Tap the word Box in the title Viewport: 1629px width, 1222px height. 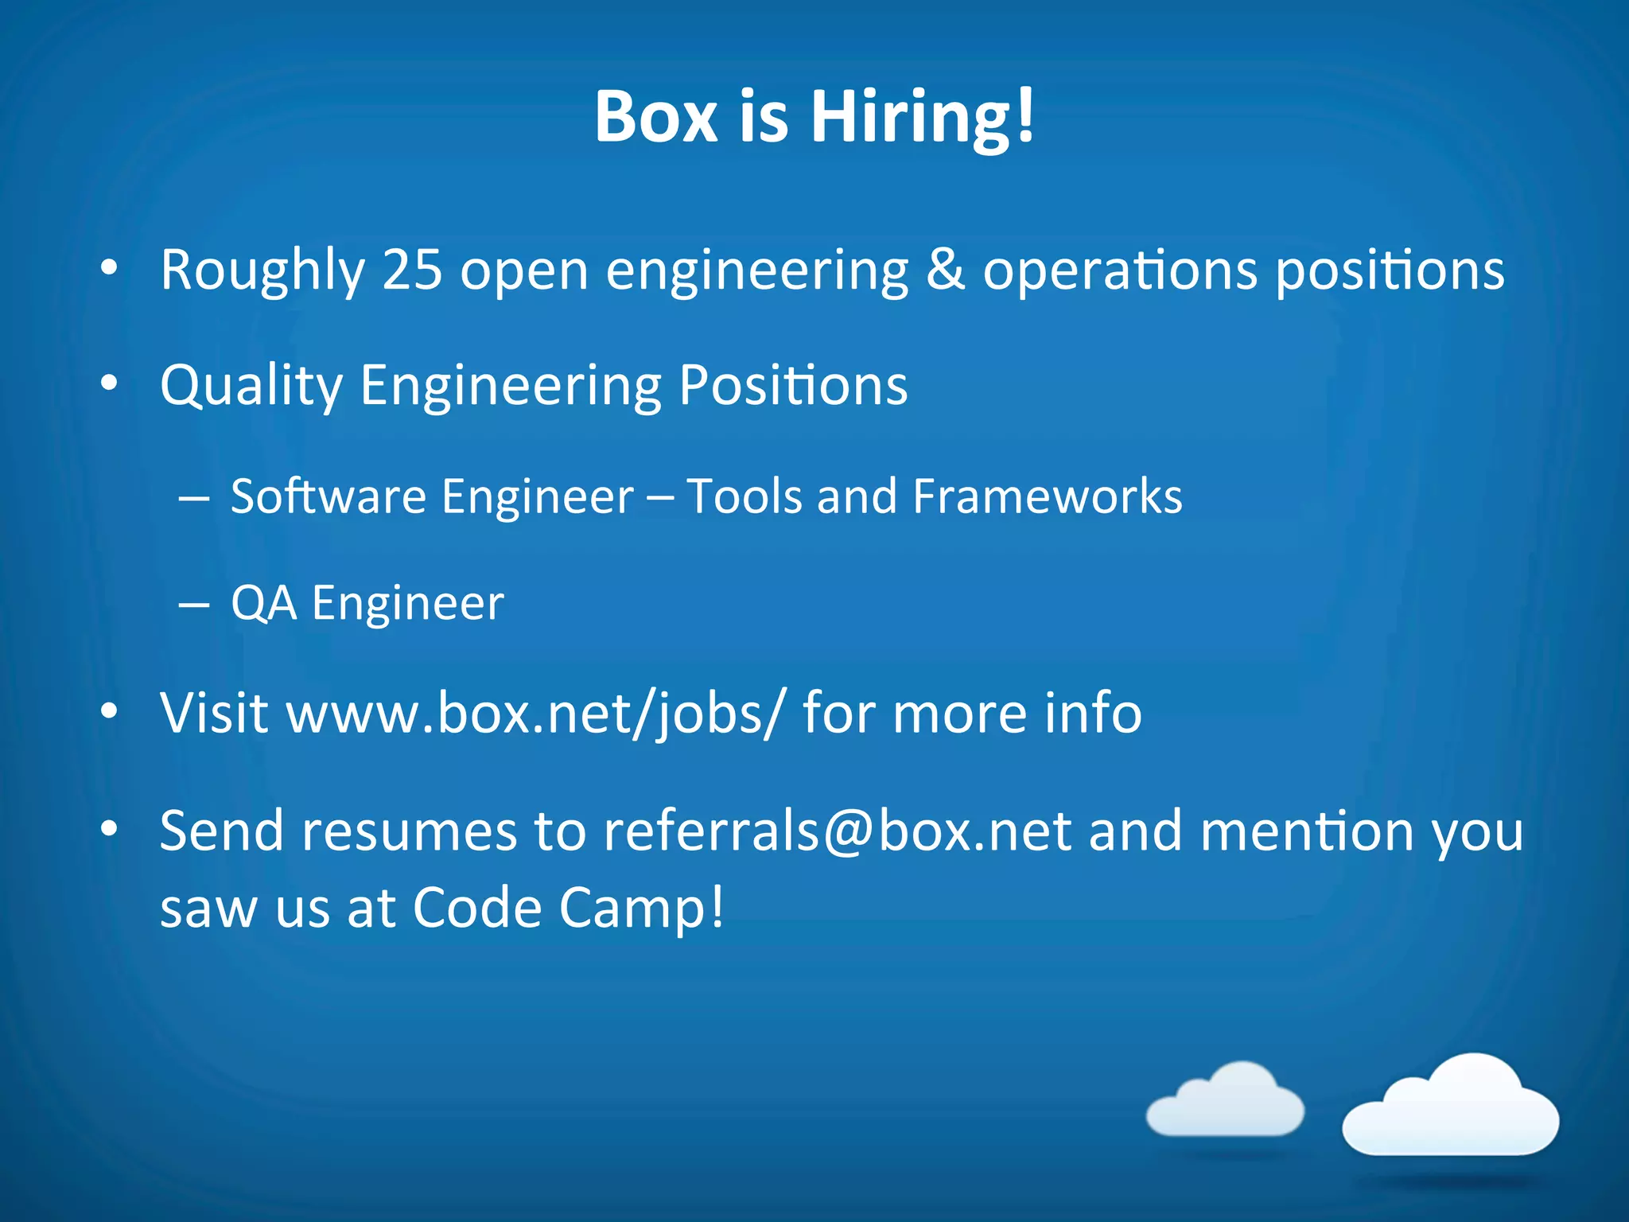tap(656, 118)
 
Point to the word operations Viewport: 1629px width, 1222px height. tap(1120, 270)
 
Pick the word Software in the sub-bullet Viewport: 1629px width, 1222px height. tap(329, 496)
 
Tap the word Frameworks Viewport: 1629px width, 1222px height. tap(1048, 496)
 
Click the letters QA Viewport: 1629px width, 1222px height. tap(264, 603)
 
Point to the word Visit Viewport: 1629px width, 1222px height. tap(214, 712)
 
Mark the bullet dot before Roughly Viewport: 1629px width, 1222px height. tap(109, 269)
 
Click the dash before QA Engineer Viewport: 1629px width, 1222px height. tap(194, 605)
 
